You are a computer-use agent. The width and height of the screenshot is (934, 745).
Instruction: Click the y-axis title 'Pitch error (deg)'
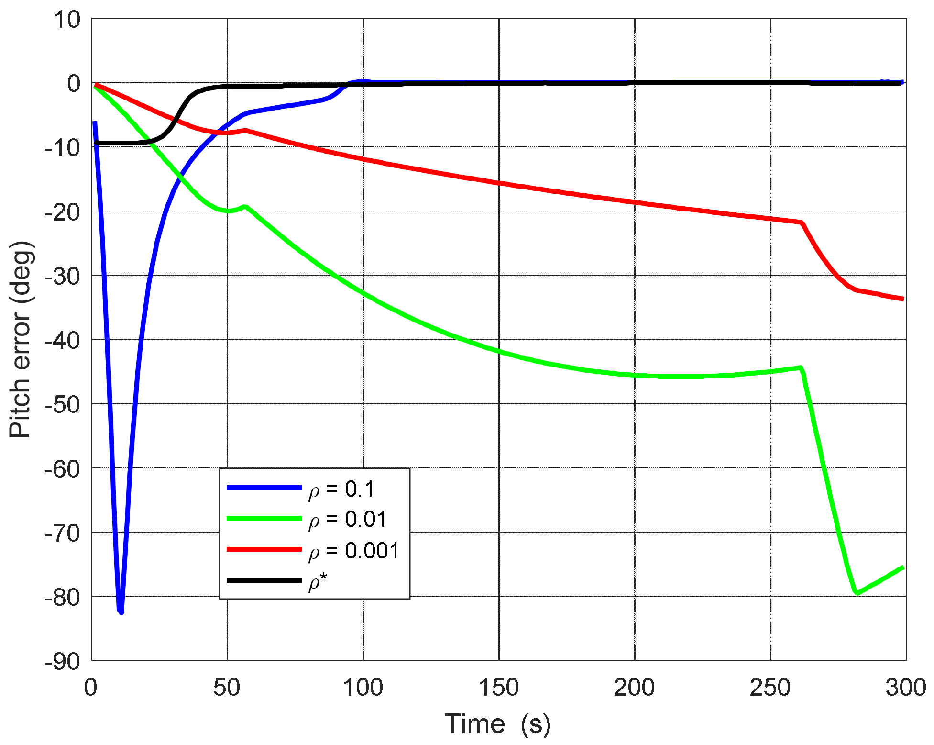point(20,340)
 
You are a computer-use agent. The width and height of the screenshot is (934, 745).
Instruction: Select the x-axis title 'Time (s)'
point(498,723)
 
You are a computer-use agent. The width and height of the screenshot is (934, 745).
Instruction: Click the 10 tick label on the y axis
point(67,20)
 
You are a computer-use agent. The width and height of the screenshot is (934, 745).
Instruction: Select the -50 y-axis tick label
point(63,405)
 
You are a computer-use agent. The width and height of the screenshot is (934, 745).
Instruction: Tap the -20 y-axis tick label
point(63,212)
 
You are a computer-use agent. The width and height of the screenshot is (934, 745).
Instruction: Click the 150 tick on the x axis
point(499,688)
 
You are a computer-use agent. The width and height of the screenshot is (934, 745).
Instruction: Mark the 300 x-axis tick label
point(905,688)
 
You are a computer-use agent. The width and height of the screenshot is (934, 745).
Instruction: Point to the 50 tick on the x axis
point(227,688)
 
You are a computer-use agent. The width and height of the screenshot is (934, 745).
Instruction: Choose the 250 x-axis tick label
point(770,688)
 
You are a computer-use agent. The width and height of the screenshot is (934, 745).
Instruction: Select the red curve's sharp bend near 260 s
point(802,223)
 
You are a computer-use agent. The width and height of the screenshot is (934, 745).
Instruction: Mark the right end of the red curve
point(902,299)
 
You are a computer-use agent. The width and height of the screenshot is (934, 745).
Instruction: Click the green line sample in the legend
point(264,518)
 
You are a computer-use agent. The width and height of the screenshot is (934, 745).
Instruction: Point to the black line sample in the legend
point(264,580)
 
